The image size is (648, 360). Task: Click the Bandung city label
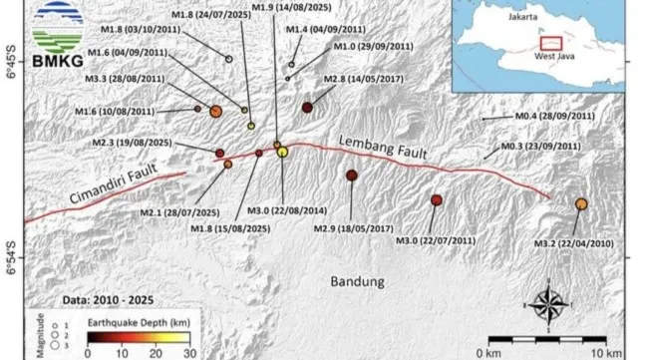click(x=357, y=282)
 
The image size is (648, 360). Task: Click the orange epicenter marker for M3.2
click(x=581, y=203)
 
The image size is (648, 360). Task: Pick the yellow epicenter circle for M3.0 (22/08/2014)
click(x=282, y=152)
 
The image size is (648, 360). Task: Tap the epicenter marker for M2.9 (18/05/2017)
click(x=351, y=176)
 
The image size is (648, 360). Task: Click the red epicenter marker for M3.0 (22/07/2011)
click(x=436, y=200)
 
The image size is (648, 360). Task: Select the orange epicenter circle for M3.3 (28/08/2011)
click(x=215, y=112)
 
